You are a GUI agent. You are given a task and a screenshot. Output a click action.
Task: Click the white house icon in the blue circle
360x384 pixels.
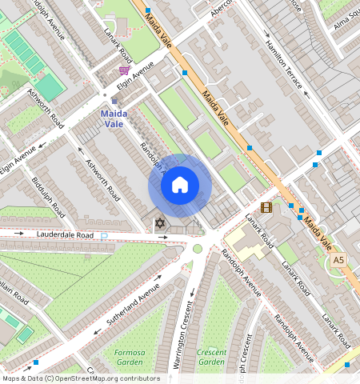tap(180, 186)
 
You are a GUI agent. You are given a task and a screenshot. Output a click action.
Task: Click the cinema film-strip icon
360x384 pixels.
tap(266, 207)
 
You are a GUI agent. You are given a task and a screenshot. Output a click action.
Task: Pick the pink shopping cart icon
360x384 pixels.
tap(124, 70)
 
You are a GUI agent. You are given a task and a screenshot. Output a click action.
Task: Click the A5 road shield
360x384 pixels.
tap(338, 260)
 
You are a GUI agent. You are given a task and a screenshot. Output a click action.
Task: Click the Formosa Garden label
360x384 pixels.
tap(129, 357)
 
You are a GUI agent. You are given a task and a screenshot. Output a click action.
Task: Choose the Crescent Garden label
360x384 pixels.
tap(211, 357)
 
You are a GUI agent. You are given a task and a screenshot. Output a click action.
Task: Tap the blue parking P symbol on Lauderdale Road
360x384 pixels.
tap(104, 235)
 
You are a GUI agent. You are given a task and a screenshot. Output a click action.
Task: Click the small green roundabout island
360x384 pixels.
tap(198, 248)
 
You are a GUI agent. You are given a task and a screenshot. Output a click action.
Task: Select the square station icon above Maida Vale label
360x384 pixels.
tap(114, 101)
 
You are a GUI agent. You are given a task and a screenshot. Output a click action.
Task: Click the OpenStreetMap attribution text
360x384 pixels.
tap(81, 378)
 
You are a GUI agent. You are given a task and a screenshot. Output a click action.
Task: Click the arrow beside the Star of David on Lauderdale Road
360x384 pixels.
tap(163, 237)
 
